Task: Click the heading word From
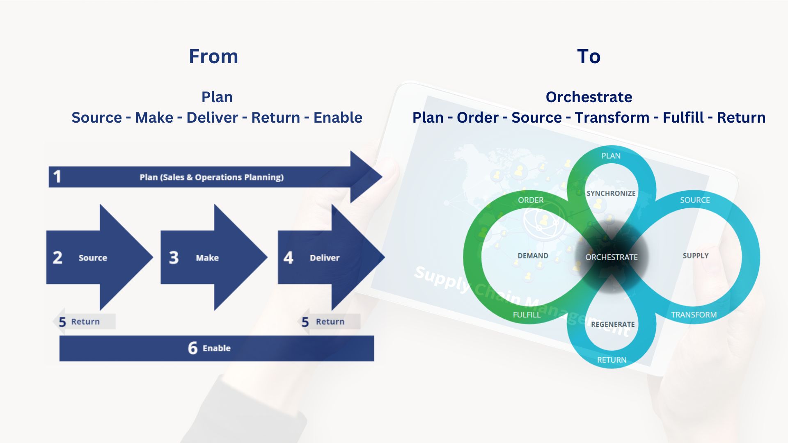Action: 213,57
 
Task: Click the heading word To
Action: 589,57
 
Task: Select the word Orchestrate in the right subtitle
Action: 589,97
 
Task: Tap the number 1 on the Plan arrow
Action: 57,177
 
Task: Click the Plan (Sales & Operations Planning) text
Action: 211,177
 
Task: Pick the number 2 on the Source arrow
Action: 57,258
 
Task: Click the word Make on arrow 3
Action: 207,258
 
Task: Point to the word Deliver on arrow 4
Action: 325,258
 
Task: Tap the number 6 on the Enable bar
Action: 192,348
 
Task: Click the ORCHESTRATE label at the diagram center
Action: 611,257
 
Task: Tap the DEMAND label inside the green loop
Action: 533,256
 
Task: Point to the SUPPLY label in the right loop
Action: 696,256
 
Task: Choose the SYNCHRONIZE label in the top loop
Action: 611,193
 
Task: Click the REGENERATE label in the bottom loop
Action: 613,324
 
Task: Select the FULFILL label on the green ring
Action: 527,315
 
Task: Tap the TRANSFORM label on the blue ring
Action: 694,315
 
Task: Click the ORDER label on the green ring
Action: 530,200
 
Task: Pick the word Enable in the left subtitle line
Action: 338,118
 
